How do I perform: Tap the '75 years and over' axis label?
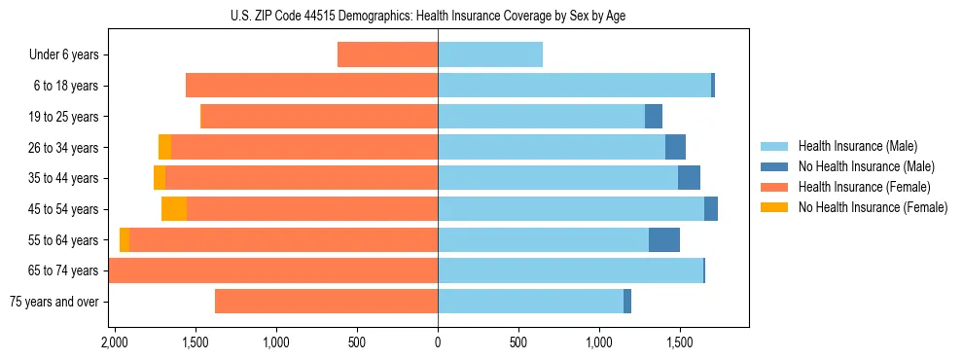54,302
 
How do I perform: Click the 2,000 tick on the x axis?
115,342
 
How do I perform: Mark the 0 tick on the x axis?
438,342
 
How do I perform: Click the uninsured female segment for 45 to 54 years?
174,209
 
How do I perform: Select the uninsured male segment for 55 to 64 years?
664,240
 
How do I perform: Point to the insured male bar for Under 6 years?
490,55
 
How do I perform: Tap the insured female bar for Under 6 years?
387,55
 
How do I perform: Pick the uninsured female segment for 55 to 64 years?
125,240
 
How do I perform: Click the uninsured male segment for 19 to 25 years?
654,117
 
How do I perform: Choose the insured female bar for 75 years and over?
326,302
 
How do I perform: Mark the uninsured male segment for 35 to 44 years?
689,178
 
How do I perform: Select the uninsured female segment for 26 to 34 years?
164,147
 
